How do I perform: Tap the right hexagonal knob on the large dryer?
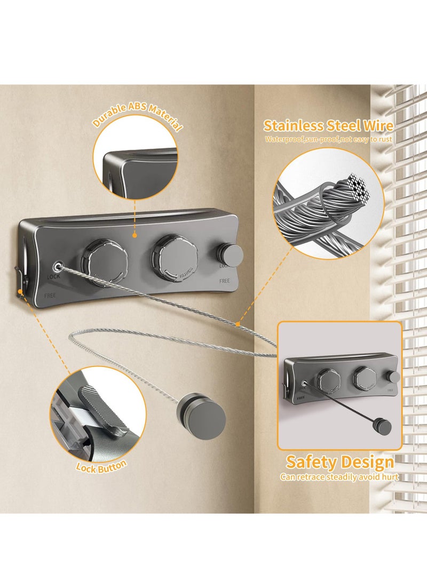pos(174,255)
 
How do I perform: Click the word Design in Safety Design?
pos(368,462)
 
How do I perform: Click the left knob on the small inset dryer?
pos(325,380)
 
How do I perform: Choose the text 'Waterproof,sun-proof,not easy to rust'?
pos(329,140)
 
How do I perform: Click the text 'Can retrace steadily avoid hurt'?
pos(339,477)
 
